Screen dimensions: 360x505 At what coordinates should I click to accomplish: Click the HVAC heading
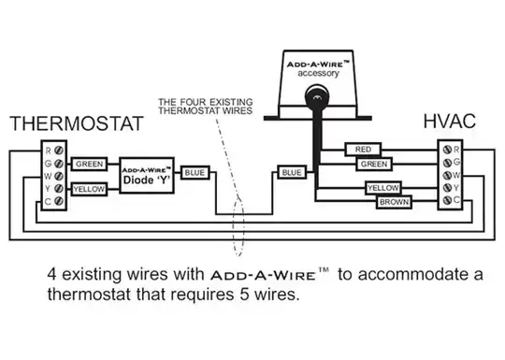point(448,122)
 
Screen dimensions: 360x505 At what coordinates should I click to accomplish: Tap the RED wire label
point(362,149)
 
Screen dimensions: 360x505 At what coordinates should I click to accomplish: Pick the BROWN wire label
point(394,201)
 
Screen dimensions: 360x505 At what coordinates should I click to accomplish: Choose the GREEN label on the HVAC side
point(374,164)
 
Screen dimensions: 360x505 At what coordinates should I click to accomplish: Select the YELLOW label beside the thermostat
point(90,188)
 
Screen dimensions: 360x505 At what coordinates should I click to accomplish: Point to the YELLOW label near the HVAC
point(382,188)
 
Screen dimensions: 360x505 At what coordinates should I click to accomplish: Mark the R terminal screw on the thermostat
point(58,150)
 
